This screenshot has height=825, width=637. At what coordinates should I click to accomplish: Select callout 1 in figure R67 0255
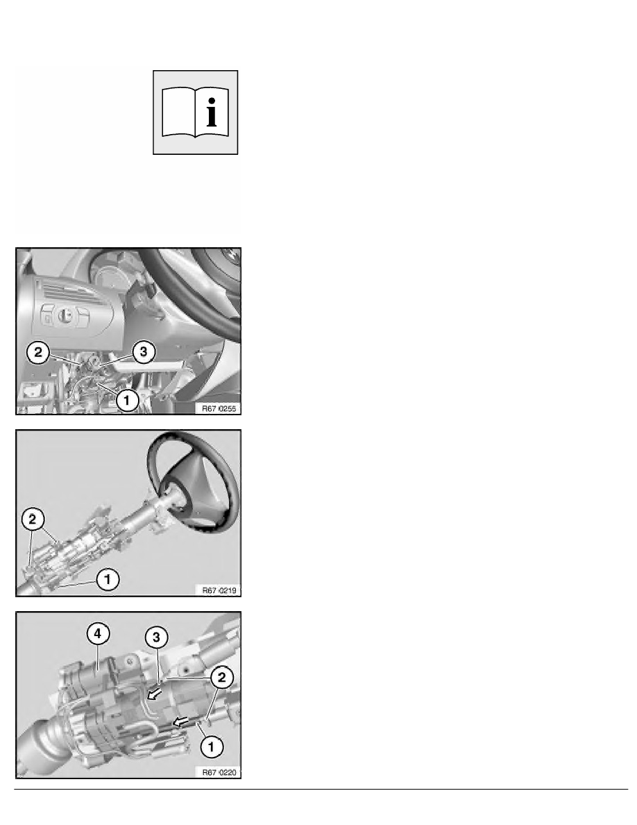126,401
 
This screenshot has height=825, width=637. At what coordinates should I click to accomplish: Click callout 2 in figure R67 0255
38,352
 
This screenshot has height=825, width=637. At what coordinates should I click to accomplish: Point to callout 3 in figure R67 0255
144,352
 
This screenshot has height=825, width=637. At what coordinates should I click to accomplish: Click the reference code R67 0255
219,408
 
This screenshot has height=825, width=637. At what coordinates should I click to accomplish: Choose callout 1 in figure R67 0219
108,579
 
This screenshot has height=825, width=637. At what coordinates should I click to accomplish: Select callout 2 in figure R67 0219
33,519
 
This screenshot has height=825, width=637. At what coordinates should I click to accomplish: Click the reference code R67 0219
219,590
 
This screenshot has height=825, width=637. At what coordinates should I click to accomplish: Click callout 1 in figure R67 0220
211,746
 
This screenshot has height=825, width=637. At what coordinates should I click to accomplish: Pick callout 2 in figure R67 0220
221,677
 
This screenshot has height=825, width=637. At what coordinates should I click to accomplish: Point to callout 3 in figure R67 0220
156,637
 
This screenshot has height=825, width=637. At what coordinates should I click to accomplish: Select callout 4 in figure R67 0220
98,633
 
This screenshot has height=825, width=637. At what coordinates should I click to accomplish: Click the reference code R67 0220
219,772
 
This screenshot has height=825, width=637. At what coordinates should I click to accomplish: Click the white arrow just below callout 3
155,695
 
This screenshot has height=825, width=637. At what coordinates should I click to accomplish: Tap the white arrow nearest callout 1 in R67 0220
181,722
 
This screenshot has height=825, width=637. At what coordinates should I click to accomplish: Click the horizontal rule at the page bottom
321,789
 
